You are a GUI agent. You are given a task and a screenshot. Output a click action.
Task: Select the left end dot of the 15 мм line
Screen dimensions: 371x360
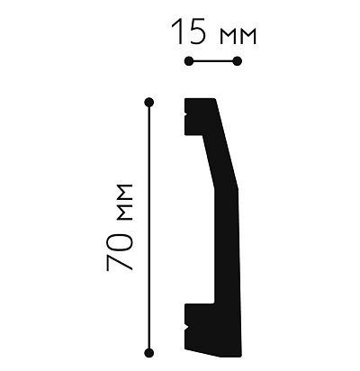pos(187,61)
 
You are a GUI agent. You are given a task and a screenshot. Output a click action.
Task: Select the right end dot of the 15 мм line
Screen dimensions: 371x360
pos(238,61)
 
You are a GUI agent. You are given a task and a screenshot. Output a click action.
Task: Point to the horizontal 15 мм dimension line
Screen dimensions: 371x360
pos(212,61)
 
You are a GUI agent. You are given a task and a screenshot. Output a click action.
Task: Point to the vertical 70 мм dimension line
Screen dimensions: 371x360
pos(148,225)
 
